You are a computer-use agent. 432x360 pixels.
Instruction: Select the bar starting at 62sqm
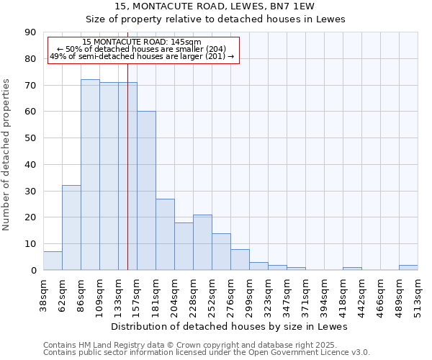pos(71,228)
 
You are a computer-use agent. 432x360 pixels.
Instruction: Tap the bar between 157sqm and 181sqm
pos(146,191)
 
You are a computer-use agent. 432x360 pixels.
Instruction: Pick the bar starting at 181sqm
pos(165,234)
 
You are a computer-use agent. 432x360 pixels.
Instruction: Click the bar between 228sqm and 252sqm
pos(202,242)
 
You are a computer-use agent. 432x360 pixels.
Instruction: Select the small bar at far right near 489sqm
pos(408,267)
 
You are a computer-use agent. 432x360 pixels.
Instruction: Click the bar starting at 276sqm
pos(240,259)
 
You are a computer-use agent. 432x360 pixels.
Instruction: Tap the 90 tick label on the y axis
pos(30,32)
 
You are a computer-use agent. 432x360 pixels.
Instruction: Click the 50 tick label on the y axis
pos(30,138)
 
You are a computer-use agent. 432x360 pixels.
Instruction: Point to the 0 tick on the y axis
pos(33,271)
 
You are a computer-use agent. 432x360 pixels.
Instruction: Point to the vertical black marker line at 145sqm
pos(127,180)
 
